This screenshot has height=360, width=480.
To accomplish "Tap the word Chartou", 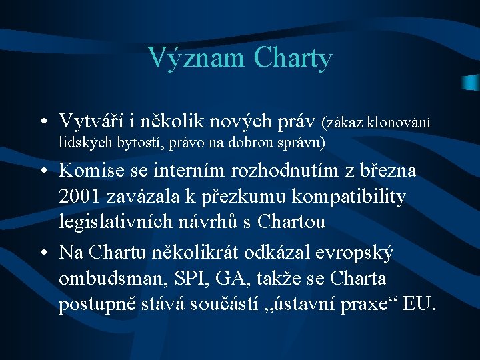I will pos(294,221).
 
